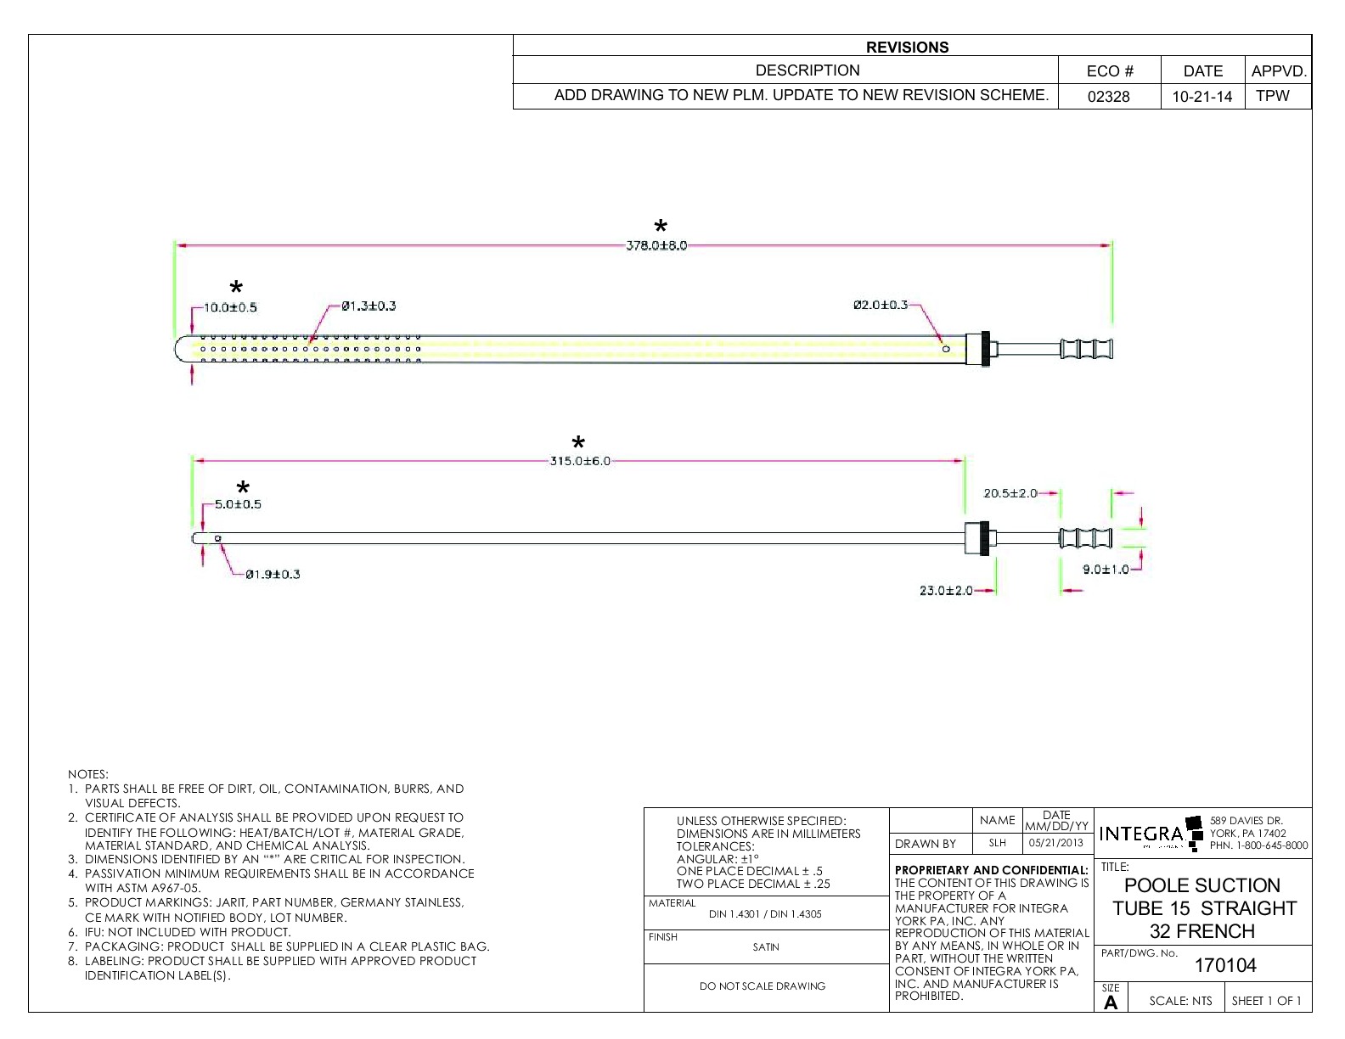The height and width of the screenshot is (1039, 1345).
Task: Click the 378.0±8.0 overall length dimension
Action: [x=656, y=245]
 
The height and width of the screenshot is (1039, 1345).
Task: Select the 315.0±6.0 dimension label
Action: [x=580, y=461]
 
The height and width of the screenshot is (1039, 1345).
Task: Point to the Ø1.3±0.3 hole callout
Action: [x=369, y=306]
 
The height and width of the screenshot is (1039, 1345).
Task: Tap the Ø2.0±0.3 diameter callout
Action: [x=880, y=305]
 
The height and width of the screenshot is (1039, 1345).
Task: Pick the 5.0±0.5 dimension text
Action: [x=238, y=504]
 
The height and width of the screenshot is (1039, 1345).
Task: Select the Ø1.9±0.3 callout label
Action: [x=273, y=575]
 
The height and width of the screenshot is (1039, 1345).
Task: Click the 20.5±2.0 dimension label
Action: [x=1010, y=493]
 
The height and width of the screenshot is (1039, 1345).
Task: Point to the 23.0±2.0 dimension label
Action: [x=946, y=591]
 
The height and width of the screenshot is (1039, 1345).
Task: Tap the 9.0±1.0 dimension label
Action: [x=1106, y=569]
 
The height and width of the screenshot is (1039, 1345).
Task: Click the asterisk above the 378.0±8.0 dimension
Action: [x=661, y=227]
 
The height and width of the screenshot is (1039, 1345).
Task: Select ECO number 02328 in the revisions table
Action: [x=1109, y=96]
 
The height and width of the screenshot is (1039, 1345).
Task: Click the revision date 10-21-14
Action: [x=1201, y=96]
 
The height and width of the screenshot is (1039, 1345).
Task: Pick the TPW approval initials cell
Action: [x=1272, y=96]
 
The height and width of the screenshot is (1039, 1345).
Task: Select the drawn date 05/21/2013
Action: [x=1055, y=843]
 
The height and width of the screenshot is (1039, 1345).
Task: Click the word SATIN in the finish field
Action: [x=766, y=947]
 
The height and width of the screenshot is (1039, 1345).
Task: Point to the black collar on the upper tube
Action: [x=985, y=349]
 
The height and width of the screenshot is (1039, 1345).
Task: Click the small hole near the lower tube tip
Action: [x=218, y=538]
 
